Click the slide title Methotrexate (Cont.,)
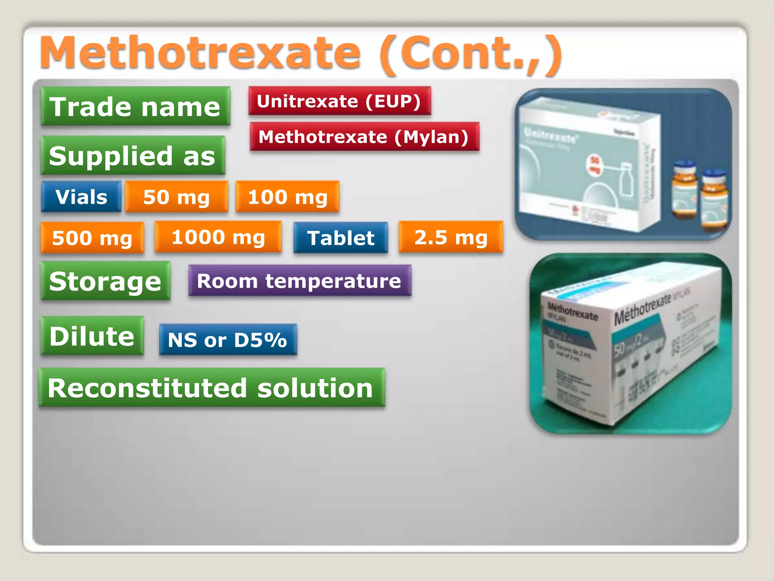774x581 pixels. pyautogui.click(x=301, y=54)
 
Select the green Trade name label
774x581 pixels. pyautogui.click(x=135, y=106)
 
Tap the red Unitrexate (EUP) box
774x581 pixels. pyautogui.click(x=339, y=101)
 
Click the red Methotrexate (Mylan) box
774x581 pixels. pyautogui.click(x=364, y=137)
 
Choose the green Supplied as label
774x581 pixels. pyautogui.click(x=133, y=155)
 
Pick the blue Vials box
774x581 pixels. pyautogui.click(x=81, y=197)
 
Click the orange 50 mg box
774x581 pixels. pyautogui.click(x=176, y=197)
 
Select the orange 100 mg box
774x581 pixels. pyautogui.click(x=287, y=197)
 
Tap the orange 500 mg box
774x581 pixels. pyautogui.click(x=92, y=238)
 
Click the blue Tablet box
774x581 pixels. pyautogui.click(x=341, y=238)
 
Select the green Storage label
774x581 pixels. pyautogui.click(x=105, y=281)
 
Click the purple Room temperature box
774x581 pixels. pyautogui.click(x=299, y=281)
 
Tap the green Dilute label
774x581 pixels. pyautogui.click(x=92, y=336)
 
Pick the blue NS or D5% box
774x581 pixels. pyautogui.click(x=228, y=339)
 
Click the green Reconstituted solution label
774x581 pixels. pyautogui.click(x=212, y=388)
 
